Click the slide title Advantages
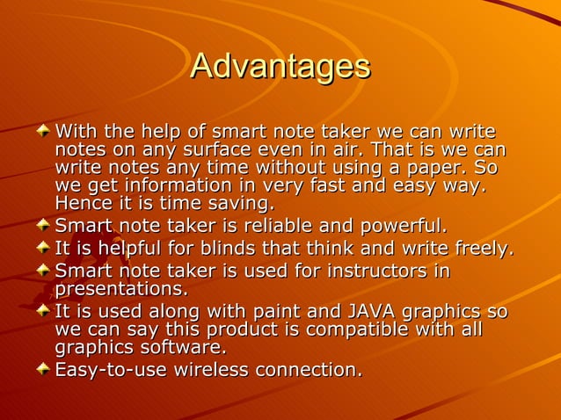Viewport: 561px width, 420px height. pyautogui.click(x=280, y=67)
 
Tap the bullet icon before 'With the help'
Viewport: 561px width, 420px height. pyautogui.click(x=43, y=131)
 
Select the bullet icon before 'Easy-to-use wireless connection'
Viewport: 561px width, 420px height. pyautogui.click(x=43, y=370)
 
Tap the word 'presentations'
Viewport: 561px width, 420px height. pyautogui.click(x=120, y=289)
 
